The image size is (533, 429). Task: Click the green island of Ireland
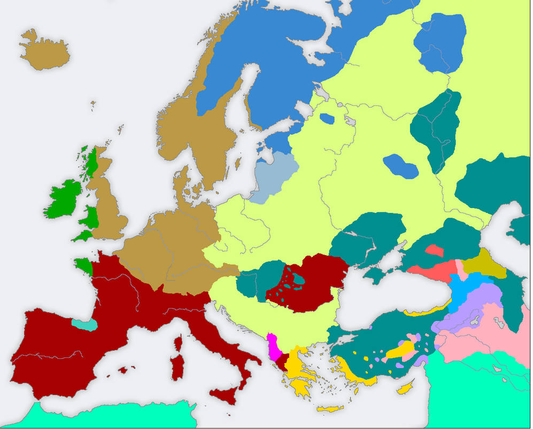coord(63,198)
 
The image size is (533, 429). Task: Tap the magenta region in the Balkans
coord(274,347)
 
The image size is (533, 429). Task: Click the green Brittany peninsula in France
coord(84,265)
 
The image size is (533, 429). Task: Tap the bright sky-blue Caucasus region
coord(461,292)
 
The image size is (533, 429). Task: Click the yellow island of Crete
coord(330,409)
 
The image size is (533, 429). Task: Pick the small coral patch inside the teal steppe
coord(433,250)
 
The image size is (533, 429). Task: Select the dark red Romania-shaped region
coord(310,281)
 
